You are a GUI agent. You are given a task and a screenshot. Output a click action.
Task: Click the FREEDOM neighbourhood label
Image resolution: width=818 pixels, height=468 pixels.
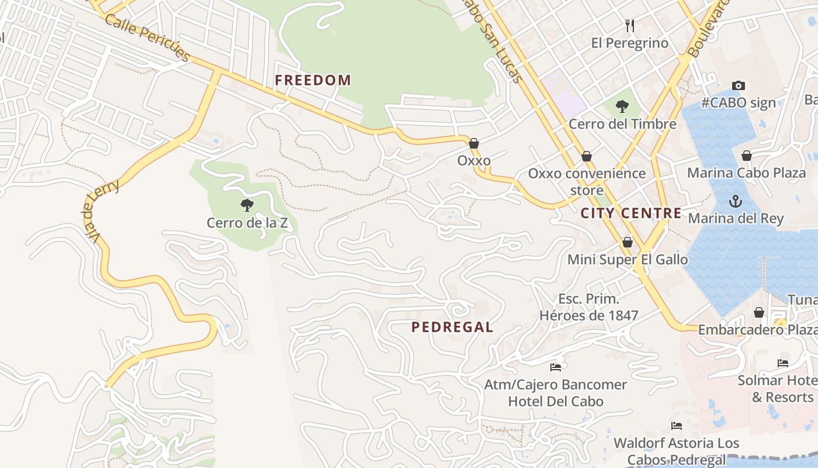click(x=313, y=80)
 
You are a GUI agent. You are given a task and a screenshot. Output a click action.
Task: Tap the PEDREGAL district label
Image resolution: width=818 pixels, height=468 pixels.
click(x=452, y=327)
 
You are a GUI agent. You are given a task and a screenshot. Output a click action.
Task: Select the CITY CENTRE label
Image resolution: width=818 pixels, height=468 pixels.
click(x=631, y=213)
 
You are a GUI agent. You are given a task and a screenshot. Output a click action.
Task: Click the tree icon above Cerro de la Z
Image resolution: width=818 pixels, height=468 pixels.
click(x=247, y=205)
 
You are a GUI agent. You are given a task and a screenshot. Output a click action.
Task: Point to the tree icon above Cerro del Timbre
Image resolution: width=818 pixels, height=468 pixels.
click(x=622, y=106)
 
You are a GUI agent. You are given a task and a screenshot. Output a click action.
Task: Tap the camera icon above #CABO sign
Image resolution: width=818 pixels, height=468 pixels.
click(x=739, y=85)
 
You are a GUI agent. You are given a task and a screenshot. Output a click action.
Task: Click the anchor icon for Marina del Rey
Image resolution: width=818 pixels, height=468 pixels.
click(x=735, y=201)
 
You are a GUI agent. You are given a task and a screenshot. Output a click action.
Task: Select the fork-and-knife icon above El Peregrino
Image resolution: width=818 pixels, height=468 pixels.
click(x=629, y=25)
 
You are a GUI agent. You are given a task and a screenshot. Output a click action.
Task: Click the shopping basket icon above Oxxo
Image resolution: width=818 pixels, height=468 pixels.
click(x=474, y=143)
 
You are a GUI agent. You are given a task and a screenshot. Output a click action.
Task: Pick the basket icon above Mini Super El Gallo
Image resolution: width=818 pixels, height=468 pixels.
click(x=628, y=242)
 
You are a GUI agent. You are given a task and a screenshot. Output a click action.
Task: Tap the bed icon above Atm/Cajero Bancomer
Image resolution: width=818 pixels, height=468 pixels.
click(x=556, y=367)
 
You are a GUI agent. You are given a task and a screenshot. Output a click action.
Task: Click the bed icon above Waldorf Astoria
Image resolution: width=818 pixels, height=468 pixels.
click(x=677, y=426)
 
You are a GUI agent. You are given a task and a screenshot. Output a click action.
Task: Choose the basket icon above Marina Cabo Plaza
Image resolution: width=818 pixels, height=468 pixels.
click(x=746, y=156)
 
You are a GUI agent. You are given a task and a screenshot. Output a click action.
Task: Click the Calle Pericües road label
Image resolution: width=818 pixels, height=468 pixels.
click(x=147, y=36)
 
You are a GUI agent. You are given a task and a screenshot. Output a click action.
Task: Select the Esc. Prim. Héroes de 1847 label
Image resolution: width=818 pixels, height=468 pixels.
click(x=588, y=307)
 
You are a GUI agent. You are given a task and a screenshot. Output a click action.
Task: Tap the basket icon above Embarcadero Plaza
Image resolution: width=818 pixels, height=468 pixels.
click(x=758, y=312)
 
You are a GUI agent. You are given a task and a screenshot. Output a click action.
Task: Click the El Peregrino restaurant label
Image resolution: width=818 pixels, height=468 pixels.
click(x=629, y=43)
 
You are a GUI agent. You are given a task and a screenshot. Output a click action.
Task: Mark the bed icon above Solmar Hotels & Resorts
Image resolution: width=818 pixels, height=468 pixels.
click(x=783, y=363)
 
